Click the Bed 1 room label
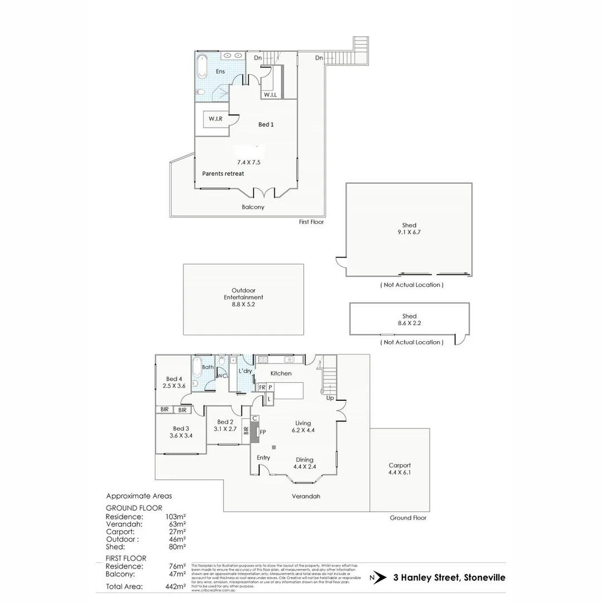click(x=266, y=124)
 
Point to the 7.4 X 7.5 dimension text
click(x=249, y=162)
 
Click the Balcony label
click(x=253, y=207)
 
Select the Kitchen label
click(x=281, y=373)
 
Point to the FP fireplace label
click(x=263, y=432)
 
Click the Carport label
click(x=400, y=465)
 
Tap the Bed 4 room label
click(x=174, y=380)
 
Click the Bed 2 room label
click(x=225, y=422)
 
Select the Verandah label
click(x=308, y=496)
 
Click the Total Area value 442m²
click(x=176, y=586)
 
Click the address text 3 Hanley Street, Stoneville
click(x=449, y=577)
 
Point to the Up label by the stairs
click(x=330, y=399)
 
